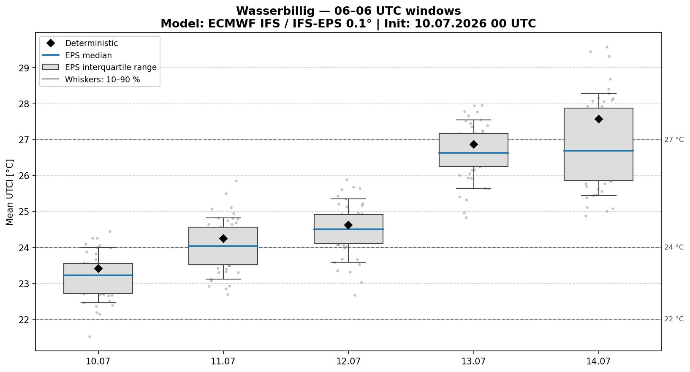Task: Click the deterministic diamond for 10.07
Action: pos(98,269)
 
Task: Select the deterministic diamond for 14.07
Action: pos(598,119)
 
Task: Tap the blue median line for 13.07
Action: pos(473,153)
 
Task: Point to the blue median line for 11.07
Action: pos(223,246)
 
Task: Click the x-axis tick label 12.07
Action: pos(348,361)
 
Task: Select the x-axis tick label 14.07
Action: pos(598,361)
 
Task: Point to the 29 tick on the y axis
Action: pos(24,68)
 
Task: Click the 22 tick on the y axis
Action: pos(24,319)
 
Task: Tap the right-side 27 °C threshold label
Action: pos(674,140)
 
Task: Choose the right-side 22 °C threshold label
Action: pos(674,319)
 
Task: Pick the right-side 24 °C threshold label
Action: pos(674,247)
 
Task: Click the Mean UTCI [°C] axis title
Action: pos(10,193)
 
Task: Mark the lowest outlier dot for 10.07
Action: pos(90,337)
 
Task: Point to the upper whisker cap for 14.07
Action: pos(598,93)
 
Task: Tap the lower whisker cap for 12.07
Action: pos(348,262)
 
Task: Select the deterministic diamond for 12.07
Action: pos(348,225)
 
